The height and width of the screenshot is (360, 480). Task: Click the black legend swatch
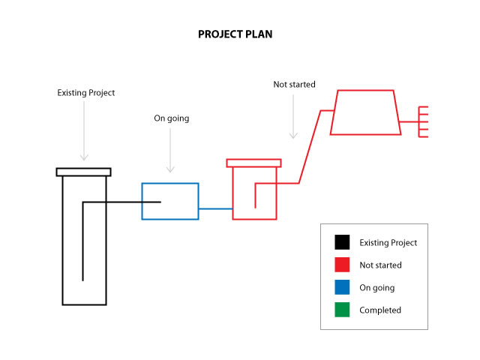[343, 242]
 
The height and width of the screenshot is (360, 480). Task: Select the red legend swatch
[343, 265]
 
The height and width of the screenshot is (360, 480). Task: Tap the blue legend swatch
[343, 287]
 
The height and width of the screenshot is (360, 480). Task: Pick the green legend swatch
[343, 310]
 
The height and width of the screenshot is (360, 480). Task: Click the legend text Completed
[380, 310]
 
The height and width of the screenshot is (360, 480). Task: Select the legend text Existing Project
[388, 242]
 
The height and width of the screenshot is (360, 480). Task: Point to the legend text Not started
[380, 265]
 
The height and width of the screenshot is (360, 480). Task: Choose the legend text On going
[376, 287]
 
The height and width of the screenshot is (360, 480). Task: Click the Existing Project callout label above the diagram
[86, 93]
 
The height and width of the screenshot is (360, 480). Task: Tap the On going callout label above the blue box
[171, 118]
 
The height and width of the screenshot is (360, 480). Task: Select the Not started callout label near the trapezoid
[294, 85]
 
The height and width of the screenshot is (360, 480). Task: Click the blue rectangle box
[170, 201]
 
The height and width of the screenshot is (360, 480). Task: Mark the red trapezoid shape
[365, 112]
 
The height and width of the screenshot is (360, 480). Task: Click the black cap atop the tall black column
[84, 172]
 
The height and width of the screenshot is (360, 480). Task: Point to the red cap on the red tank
[253, 163]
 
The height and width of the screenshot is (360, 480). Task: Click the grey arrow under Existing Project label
[85, 131]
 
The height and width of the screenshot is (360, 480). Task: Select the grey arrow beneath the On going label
[171, 150]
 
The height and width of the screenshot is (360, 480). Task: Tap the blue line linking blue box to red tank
[215, 208]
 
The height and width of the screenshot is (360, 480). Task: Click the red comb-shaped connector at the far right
[422, 121]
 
